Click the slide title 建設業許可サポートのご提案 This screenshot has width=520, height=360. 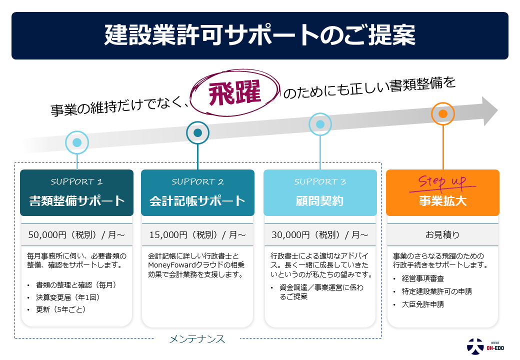coord(259,36)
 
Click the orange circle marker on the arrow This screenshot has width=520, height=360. coord(442,113)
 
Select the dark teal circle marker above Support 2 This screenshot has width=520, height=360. coord(197,132)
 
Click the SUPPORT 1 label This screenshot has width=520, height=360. coord(76,181)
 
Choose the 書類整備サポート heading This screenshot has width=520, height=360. coord(76,201)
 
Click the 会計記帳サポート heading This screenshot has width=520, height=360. coord(197,201)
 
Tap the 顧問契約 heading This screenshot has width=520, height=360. coord(320,201)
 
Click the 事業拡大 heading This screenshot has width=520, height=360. coord(442,201)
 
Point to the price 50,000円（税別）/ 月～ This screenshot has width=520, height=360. coord(76,234)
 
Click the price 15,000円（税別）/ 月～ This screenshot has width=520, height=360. coord(197,234)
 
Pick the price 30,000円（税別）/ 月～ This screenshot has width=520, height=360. coord(320,234)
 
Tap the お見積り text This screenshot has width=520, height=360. coord(442,234)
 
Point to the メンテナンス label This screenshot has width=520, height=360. coord(197,339)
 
